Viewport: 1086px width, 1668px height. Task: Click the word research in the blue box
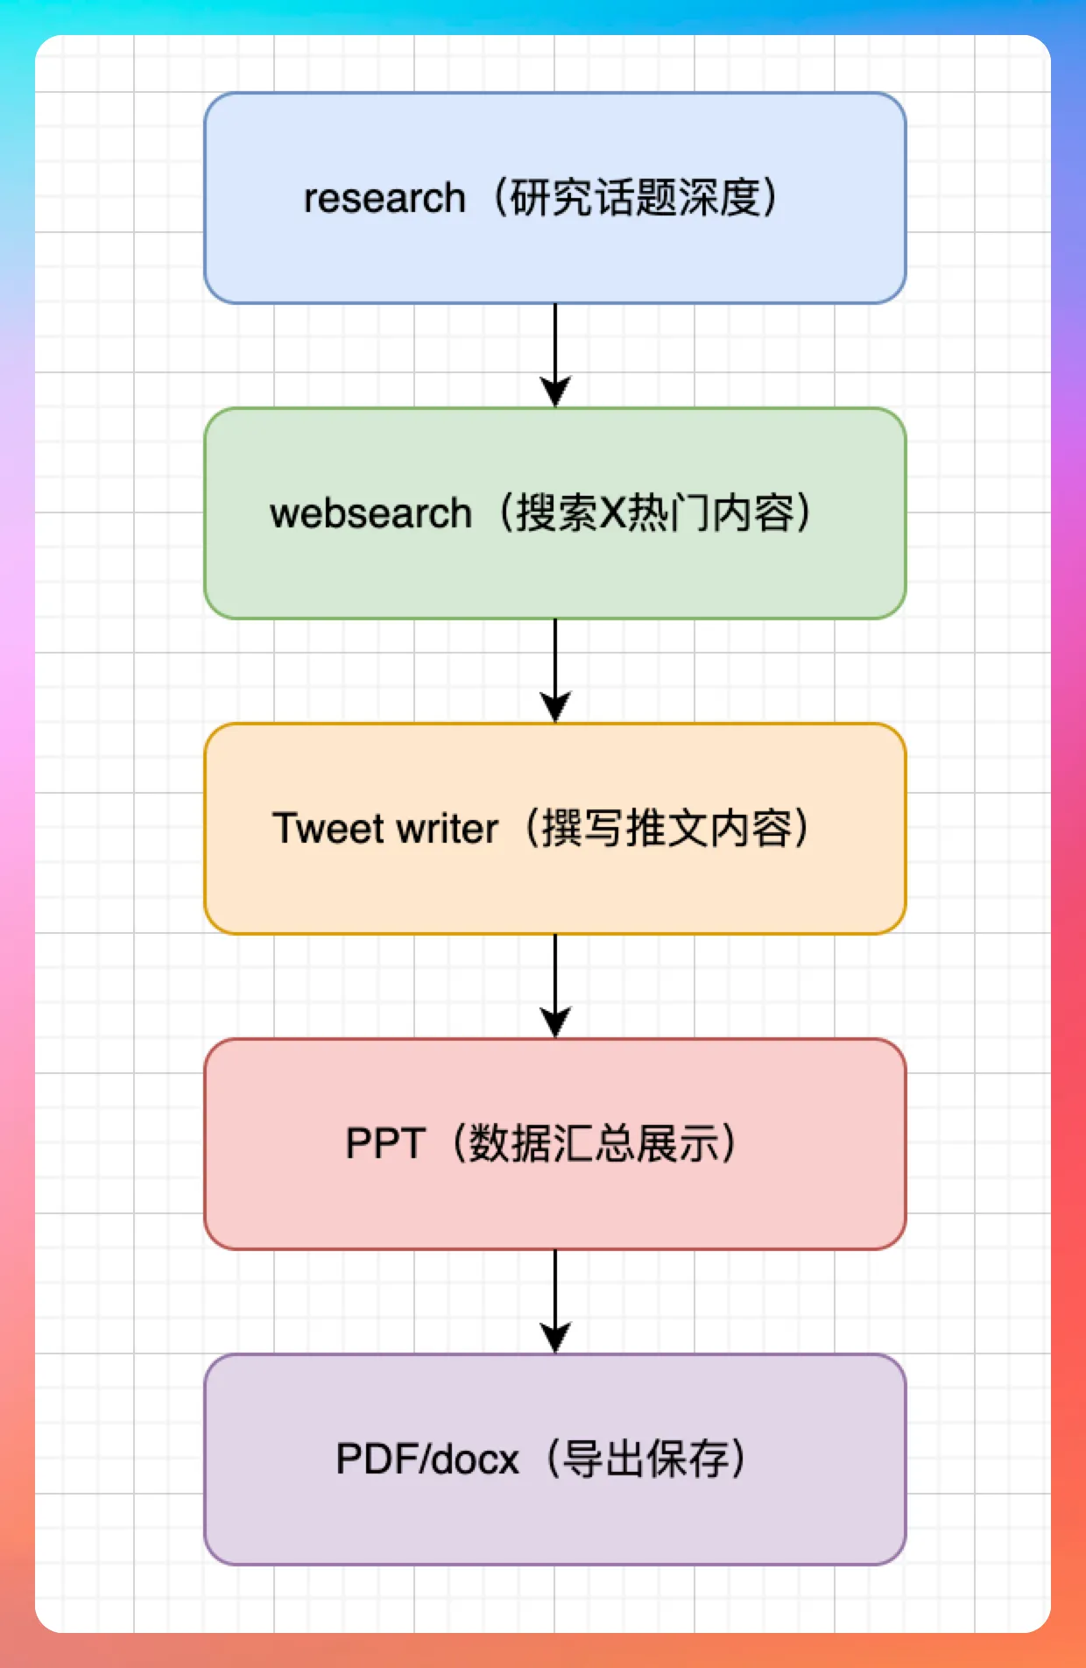384,198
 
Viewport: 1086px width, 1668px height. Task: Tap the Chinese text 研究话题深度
636,197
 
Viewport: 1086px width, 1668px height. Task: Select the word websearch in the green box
370,513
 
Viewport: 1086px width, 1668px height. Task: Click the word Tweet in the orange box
328,829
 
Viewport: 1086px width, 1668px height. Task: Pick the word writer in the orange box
448,829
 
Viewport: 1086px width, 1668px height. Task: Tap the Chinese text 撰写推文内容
666,828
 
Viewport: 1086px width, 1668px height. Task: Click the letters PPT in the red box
385,1144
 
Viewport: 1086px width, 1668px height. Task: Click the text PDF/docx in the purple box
427,1459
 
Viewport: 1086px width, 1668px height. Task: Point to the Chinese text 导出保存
645,1459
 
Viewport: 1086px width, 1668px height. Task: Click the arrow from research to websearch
555,356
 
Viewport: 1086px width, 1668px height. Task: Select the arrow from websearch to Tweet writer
555,671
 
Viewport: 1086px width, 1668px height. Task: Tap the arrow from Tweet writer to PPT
555,986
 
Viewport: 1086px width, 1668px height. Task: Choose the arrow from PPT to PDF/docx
555,1302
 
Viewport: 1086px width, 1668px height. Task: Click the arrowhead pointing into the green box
555,392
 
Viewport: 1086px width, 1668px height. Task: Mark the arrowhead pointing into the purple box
555,1339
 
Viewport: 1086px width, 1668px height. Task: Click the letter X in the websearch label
613,513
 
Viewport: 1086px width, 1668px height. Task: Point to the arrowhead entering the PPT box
555,1023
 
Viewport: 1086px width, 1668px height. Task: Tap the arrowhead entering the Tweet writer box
555,708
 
